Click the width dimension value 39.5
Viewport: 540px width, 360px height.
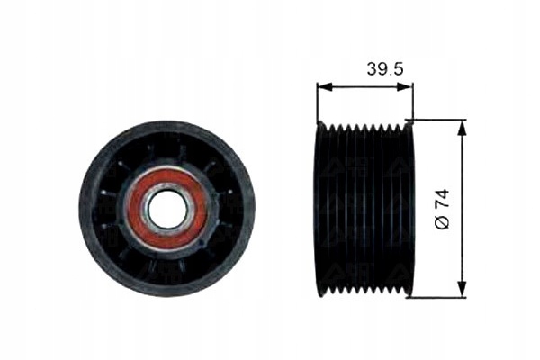384,68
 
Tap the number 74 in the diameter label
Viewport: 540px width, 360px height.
443,198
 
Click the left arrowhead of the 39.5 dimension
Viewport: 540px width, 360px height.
325,87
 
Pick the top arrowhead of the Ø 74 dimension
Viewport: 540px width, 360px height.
463,128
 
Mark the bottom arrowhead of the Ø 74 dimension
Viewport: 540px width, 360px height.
463,289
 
